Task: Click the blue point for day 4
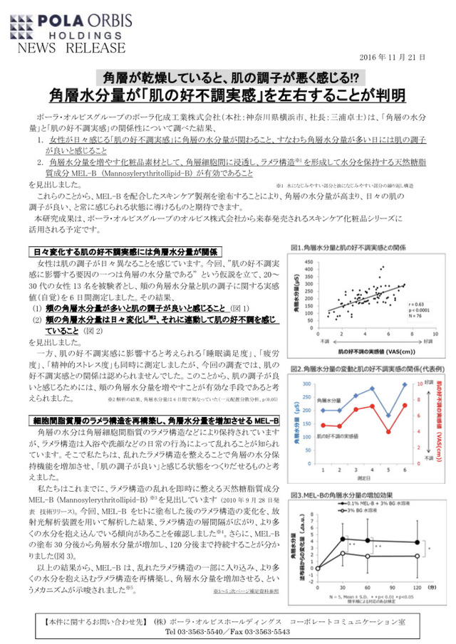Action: tap(371, 389)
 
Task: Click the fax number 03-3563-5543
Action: tap(260, 630)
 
